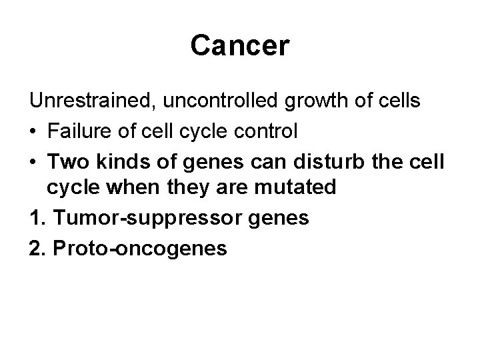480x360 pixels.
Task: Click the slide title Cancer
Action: point(239,45)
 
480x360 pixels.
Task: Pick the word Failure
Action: point(80,131)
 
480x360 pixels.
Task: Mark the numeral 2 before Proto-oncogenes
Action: point(35,249)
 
